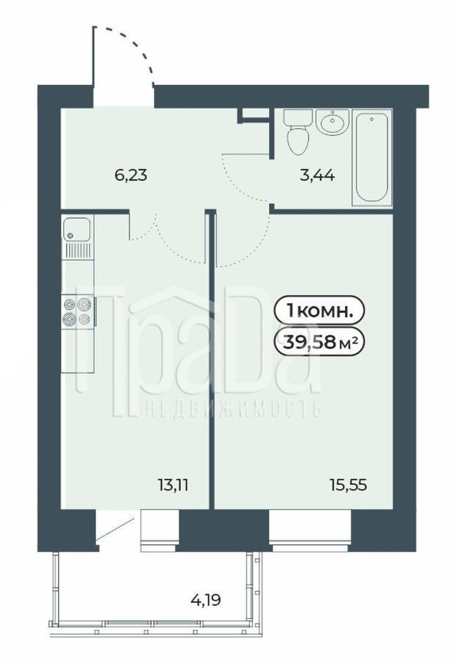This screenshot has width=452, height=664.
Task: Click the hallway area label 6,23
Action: pyautogui.click(x=131, y=175)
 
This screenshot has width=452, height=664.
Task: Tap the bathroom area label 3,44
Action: pyautogui.click(x=317, y=175)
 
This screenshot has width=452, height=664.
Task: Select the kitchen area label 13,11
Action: pyautogui.click(x=173, y=485)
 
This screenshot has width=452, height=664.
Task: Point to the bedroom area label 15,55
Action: pyautogui.click(x=348, y=485)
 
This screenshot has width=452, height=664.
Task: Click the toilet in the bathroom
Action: pyautogui.click(x=297, y=132)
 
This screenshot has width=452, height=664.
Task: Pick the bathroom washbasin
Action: pyautogui.click(x=332, y=122)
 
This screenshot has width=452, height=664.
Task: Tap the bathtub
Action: pyautogui.click(x=371, y=158)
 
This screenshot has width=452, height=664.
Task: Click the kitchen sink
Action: pyautogui.click(x=76, y=229)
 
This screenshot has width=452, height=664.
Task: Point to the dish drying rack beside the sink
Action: pyautogui.click(x=77, y=251)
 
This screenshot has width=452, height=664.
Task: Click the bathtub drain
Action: pyautogui.click(x=371, y=119)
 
